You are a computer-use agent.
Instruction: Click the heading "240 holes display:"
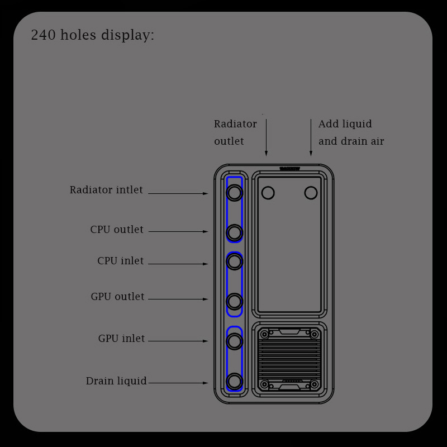pos(93,35)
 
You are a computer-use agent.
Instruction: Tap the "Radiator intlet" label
pos(106,190)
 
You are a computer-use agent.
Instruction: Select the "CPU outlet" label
pos(117,230)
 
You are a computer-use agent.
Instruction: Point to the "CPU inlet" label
pos(120,261)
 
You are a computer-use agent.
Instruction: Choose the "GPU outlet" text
pos(117,297)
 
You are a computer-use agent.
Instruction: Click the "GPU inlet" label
pos(121,339)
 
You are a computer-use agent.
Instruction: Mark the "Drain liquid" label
pos(116,381)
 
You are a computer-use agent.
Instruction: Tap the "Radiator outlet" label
pos(235,132)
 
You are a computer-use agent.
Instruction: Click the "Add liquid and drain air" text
pos(351,132)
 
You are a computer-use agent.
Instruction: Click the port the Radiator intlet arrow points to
pos(235,193)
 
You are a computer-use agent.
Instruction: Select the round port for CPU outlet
pos(235,232)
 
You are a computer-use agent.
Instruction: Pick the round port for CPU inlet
pos(235,261)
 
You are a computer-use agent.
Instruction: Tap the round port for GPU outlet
pos(235,302)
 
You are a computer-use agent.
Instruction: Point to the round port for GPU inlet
pos(235,341)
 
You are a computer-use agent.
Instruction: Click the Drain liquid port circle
pos(235,382)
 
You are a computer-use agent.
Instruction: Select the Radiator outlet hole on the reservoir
pos(268,193)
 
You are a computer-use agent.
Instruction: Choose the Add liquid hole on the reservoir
pos(311,193)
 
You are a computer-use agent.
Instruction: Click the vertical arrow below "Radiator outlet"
pos(266,137)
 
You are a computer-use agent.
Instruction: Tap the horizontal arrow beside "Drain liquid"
pos(178,383)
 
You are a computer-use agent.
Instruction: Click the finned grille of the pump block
pos(289,358)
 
